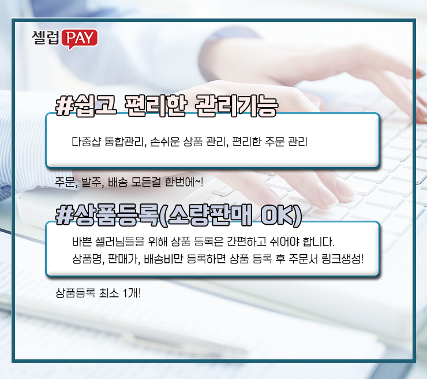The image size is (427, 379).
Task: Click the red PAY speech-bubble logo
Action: point(79,38)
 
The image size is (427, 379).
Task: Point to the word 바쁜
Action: point(81,240)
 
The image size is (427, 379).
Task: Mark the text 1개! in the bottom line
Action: point(132,292)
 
